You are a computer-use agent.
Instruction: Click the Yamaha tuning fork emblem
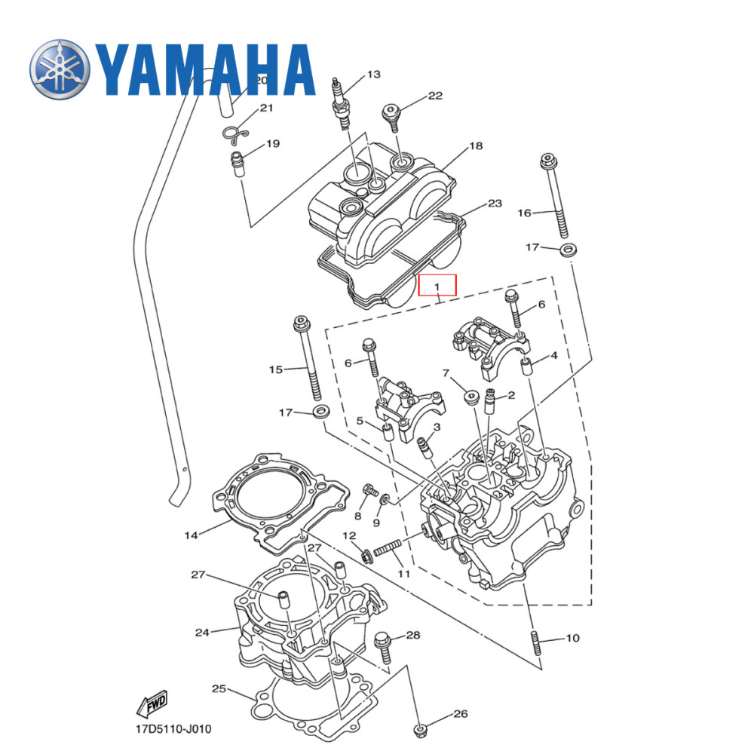pos(61,69)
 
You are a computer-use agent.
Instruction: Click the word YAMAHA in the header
pos(204,69)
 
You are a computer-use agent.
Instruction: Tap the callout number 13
pos(373,75)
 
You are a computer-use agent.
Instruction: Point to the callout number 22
pos(435,96)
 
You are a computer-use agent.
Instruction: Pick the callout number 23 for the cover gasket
pos(495,204)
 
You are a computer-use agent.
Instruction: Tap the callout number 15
pos(276,369)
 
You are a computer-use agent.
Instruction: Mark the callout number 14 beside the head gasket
pos(191,535)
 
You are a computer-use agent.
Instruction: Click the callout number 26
pos(461,714)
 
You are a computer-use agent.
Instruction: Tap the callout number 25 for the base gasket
pos(219,688)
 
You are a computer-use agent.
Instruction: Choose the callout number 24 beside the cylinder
pos(201,632)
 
